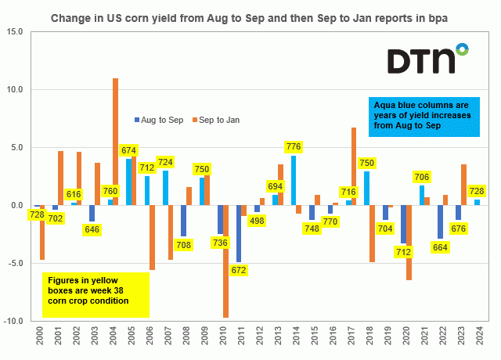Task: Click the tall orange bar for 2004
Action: (x=115, y=141)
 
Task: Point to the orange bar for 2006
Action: (x=152, y=237)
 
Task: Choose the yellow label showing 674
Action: (x=128, y=150)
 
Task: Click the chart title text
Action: (x=250, y=15)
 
